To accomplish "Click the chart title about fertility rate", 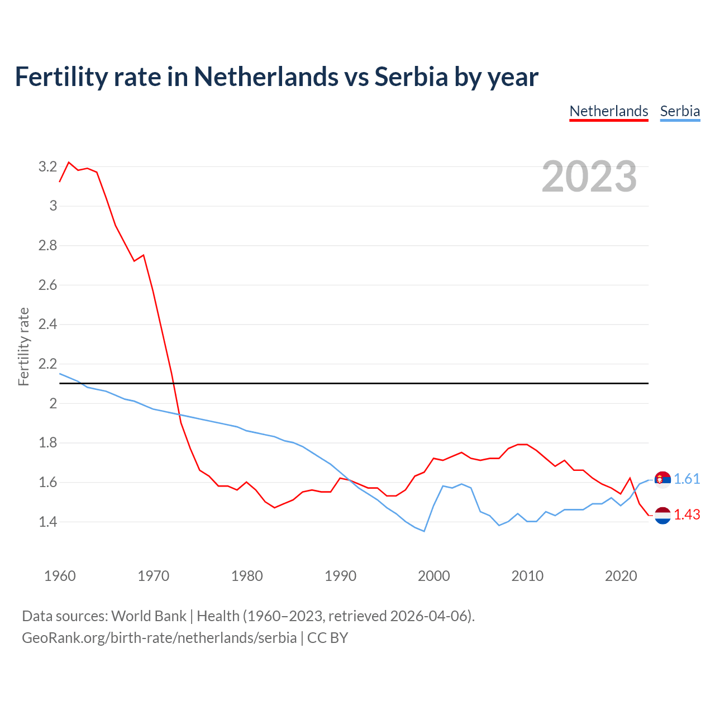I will pyautogui.click(x=277, y=77).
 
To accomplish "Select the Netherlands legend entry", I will pyautogui.click(x=608, y=111).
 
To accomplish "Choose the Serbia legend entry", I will pyautogui.click(x=680, y=111).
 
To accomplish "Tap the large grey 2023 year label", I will pyautogui.click(x=589, y=177).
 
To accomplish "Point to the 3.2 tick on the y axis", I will pyautogui.click(x=47, y=166).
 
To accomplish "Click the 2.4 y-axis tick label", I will pyautogui.click(x=47, y=324).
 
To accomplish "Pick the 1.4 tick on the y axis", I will pyautogui.click(x=47, y=522).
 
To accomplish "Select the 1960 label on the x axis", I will pyautogui.click(x=60, y=576).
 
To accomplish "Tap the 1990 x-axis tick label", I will pyautogui.click(x=340, y=576).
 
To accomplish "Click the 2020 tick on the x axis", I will pyautogui.click(x=621, y=576).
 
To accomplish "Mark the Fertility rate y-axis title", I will pyautogui.click(x=23, y=346).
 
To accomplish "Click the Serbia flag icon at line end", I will pyautogui.click(x=662, y=480).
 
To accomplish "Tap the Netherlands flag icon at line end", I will pyautogui.click(x=662, y=515).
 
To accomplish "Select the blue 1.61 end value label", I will pyautogui.click(x=687, y=479).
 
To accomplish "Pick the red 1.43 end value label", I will pyautogui.click(x=687, y=514).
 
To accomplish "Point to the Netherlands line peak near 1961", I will pyautogui.click(x=69, y=163).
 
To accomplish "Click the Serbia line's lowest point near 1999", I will pyautogui.click(x=424, y=531).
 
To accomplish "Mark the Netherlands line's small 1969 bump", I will pyautogui.click(x=144, y=255).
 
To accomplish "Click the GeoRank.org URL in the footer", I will pyautogui.click(x=159, y=638).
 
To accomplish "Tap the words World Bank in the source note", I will pyautogui.click(x=149, y=616).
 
